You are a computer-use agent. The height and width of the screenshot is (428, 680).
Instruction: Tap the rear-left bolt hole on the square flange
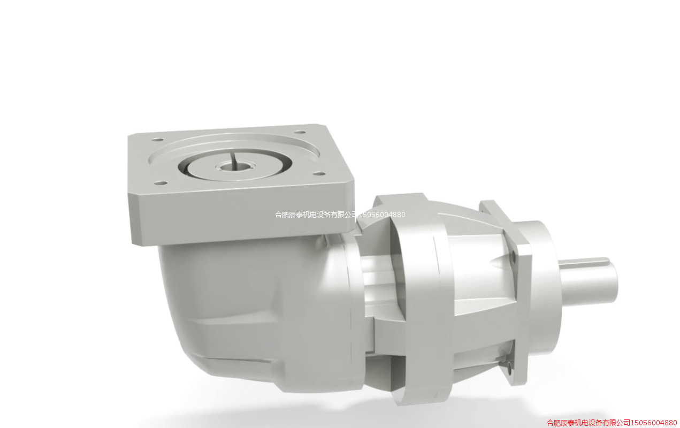click(157, 140)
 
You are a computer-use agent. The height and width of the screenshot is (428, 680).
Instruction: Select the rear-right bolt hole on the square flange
click(300, 132)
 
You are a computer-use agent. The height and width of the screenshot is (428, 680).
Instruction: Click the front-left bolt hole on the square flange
click(161, 183)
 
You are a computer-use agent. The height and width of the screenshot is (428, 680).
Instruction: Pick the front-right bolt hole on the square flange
click(319, 174)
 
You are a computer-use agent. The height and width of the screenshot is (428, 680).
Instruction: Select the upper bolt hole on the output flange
click(514, 258)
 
